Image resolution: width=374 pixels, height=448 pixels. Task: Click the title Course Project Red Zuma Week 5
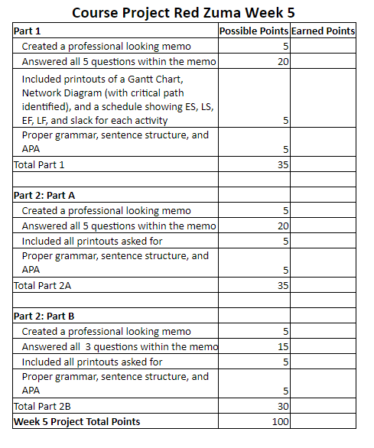[184, 13]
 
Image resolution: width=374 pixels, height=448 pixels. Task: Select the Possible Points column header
[253, 31]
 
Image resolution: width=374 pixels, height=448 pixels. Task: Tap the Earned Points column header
[323, 31]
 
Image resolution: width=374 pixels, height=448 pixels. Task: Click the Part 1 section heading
[28, 31]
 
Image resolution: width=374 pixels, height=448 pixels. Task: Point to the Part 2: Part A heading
[50, 194]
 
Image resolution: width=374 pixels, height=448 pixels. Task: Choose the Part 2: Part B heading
[50, 315]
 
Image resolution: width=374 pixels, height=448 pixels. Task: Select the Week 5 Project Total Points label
[76, 421]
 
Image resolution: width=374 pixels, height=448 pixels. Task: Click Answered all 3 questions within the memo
[119, 346]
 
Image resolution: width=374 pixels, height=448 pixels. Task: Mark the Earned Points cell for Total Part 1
[323, 164]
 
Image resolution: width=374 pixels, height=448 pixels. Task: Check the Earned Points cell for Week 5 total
[323, 421]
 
